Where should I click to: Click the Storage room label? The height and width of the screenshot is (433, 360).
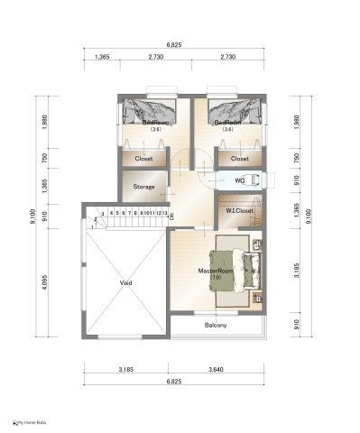[143, 187]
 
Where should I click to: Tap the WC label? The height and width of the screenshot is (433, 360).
[239, 180]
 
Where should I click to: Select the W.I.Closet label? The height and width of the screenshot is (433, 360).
[239, 211]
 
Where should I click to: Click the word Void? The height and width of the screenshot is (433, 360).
[125, 282]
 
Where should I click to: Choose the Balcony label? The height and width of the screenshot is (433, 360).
[216, 325]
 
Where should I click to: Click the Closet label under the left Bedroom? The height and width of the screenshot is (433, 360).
[143, 159]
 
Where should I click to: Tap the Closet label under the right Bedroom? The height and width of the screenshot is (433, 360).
[239, 159]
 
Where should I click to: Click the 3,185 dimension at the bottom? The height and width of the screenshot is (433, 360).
[125, 370]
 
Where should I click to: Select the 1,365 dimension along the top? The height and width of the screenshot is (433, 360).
[103, 56]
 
